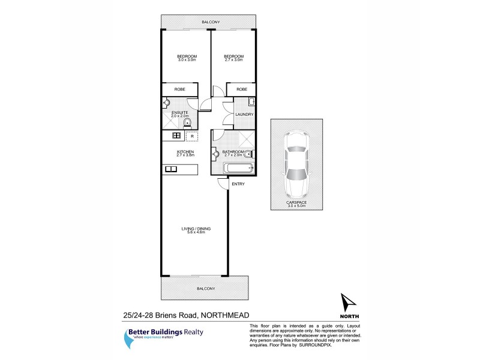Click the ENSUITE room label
180,112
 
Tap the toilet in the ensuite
187,124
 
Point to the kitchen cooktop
176,136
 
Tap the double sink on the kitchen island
170,169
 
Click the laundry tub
251,101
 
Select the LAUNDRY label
244,115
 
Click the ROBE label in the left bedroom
179,89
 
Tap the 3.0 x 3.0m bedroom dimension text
187,60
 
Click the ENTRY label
238,184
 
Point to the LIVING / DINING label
196,229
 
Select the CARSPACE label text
296,203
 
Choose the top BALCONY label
211,22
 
